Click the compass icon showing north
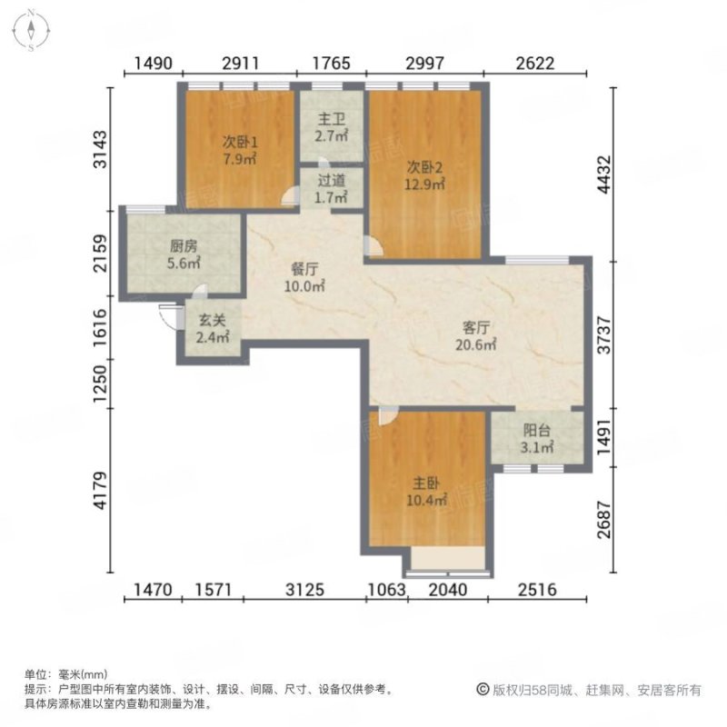30,30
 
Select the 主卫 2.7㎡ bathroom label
331,128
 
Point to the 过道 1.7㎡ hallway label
331,188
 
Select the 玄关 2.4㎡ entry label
213,330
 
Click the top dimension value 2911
241,64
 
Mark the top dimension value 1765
332,64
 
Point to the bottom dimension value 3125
304,591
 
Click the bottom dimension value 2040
447,591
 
